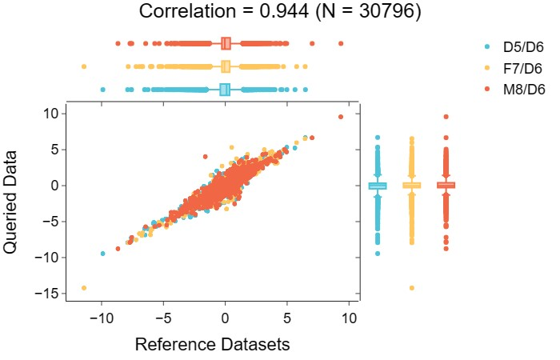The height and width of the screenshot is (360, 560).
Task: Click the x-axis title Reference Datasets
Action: [x=212, y=345]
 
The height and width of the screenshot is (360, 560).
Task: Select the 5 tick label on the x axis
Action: [x=287, y=318]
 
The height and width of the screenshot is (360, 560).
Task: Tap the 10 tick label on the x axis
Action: [x=349, y=318]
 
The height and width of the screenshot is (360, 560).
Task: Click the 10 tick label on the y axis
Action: [x=52, y=114]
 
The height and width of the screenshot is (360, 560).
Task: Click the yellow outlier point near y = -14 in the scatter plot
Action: [x=84, y=288]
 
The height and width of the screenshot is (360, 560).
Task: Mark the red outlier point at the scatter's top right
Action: [x=341, y=117]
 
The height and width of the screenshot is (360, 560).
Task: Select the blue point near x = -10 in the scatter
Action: [x=102, y=253]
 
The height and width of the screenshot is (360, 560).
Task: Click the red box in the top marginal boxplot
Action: [x=226, y=43]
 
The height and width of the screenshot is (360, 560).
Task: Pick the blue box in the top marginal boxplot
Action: [x=225, y=90]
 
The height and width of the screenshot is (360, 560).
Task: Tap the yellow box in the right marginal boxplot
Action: [x=411, y=186]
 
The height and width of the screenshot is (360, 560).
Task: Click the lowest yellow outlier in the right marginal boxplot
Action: [x=411, y=288]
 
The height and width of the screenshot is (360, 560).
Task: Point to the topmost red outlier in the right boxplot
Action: [x=446, y=117]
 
